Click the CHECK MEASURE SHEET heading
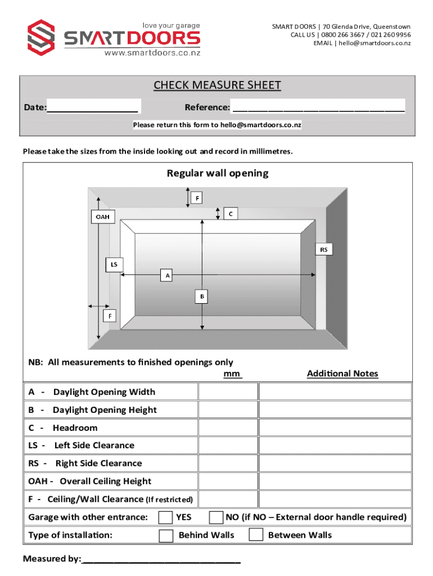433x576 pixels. (217, 85)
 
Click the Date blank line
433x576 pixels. (93, 108)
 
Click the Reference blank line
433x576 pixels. (318, 108)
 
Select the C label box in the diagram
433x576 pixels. (230, 213)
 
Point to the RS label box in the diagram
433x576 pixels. (324, 249)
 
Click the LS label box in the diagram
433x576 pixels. (114, 263)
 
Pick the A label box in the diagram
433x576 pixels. (167, 275)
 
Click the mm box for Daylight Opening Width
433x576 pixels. (228, 392)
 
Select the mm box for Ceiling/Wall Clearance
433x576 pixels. (228, 499)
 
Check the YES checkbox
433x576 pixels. (166, 517)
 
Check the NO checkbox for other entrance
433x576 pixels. (215, 517)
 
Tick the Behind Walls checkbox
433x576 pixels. (166, 535)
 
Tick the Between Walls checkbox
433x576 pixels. (256, 535)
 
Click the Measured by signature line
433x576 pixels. (161, 560)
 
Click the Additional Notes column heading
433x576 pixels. (342, 373)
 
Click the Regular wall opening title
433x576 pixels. (217, 173)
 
